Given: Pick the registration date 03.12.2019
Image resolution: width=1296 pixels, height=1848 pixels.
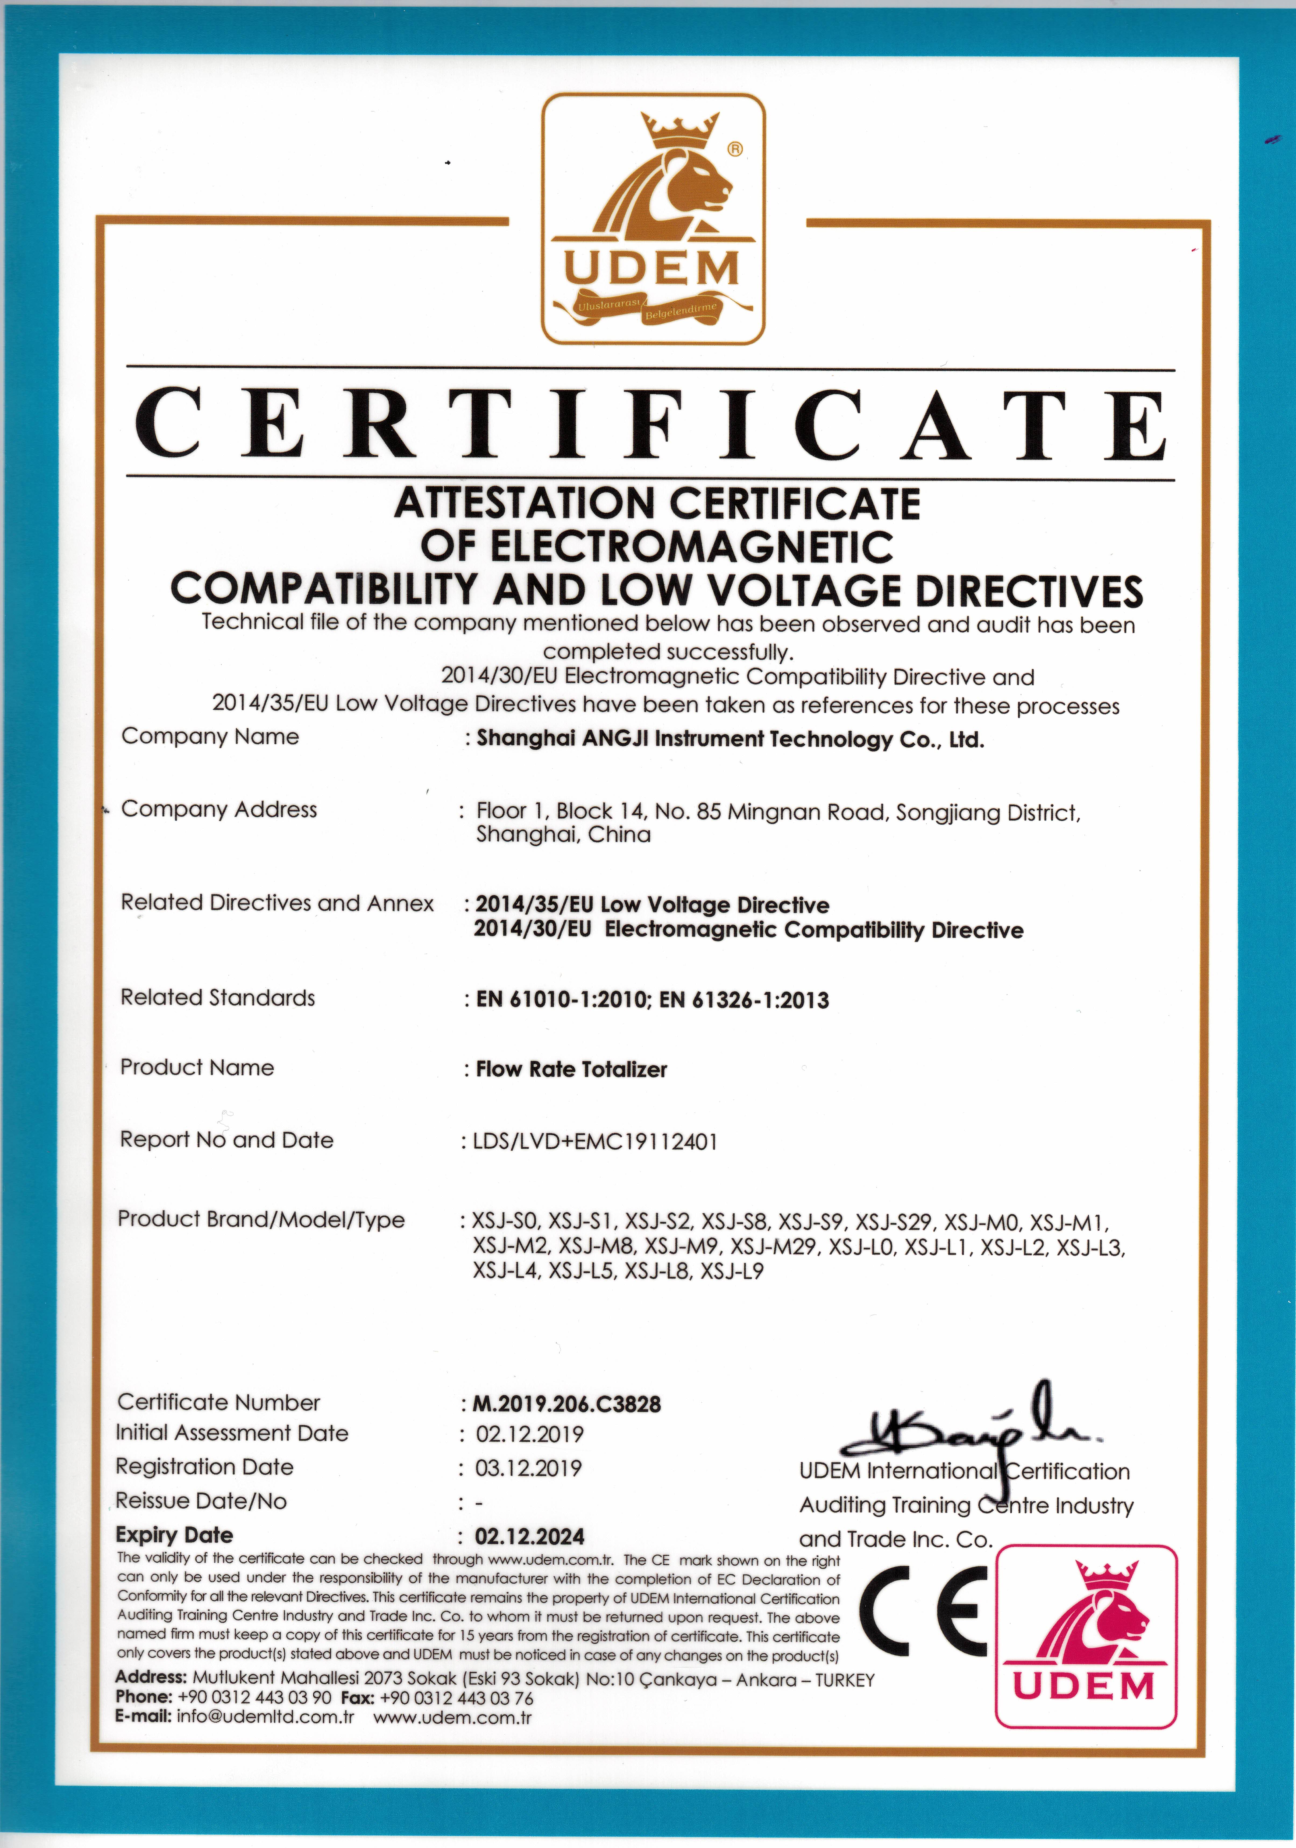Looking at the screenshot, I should pos(528,1468).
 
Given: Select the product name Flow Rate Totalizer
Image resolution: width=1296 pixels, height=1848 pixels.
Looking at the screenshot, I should pos(572,1070).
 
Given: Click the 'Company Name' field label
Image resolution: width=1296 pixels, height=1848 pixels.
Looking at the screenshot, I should pos(210,736).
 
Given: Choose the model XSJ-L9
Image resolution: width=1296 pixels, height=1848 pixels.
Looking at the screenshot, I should pos(732,1272).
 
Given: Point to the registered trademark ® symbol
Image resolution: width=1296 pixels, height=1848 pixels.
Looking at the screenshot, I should pos(735,149).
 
